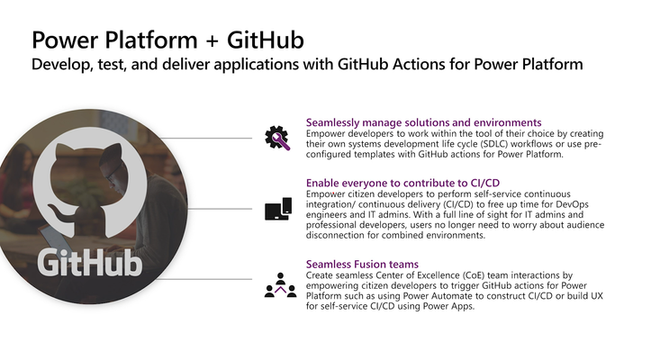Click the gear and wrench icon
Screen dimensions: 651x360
(277, 138)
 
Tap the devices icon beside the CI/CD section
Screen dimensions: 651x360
(278, 209)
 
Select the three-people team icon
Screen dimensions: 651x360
(281, 284)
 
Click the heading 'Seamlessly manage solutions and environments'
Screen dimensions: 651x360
(423, 122)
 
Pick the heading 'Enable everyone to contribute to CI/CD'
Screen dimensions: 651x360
(402, 183)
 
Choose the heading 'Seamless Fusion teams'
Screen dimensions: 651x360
(362, 264)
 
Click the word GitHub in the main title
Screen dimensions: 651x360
(266, 40)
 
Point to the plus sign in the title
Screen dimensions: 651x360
(212, 41)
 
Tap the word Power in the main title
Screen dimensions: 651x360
(65, 40)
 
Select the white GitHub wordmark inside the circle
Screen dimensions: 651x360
(90, 263)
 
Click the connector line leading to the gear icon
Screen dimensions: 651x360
(205, 138)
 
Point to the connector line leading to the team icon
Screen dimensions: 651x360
(203, 279)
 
